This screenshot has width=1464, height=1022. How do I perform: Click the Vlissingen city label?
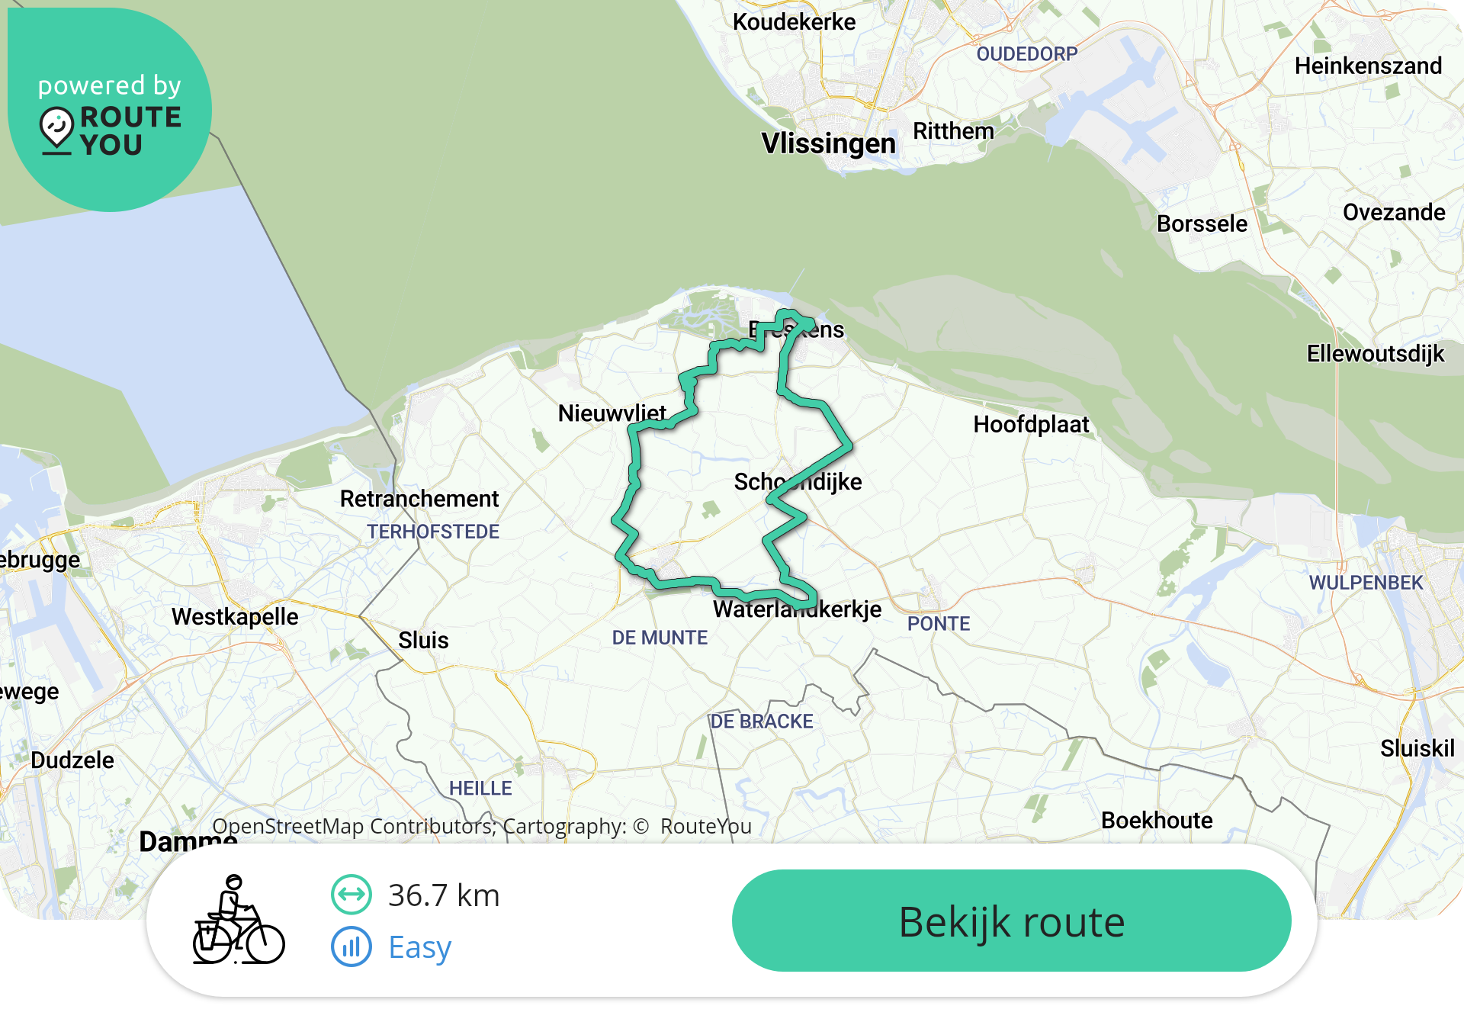pos(828,143)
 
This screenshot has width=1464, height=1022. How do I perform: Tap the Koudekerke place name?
pos(794,22)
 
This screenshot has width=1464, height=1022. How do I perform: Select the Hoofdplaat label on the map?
pos(1031,424)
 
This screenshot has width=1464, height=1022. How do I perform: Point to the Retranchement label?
pos(419,499)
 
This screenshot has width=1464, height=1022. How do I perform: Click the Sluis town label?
pos(423,640)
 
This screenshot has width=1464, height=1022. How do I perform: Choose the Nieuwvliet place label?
pos(612,413)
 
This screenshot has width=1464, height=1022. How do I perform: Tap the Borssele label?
pos(1202,223)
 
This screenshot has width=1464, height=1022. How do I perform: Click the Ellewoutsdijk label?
pos(1375,353)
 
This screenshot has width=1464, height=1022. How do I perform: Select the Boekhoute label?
pos(1156,820)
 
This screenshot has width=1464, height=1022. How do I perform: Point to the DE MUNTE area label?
pos(660,638)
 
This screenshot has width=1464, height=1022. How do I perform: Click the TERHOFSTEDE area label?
pos(433,532)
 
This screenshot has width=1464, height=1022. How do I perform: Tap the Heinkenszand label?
pos(1368,66)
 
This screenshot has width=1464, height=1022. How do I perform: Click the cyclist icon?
pos(238,920)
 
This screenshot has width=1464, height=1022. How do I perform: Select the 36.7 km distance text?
pos(444,895)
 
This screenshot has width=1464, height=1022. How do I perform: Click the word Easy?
pos(419,947)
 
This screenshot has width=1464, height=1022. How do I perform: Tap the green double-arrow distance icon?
pos(352,895)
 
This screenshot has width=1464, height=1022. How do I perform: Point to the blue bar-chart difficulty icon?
pos(352,946)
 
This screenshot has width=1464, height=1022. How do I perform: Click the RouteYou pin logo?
pos(57,129)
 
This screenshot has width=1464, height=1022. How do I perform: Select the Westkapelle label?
pos(235,616)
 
